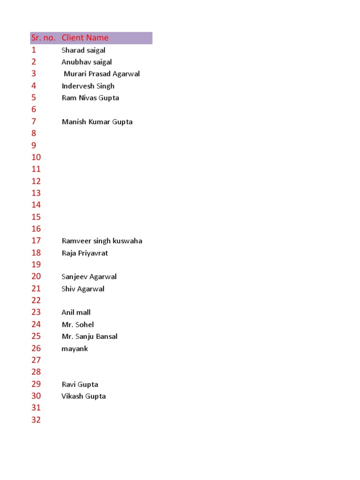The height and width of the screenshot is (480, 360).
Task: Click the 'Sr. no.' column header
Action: pyautogui.click(x=43, y=38)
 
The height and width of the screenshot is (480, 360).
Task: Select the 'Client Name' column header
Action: pyautogui.click(x=85, y=38)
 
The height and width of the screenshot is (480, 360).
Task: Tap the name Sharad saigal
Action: pyautogui.click(x=83, y=50)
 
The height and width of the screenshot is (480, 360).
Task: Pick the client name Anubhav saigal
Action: pyautogui.click(x=87, y=62)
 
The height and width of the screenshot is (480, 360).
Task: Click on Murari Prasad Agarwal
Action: pyautogui.click(x=102, y=74)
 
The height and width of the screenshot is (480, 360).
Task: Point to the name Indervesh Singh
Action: pyautogui.click(x=88, y=86)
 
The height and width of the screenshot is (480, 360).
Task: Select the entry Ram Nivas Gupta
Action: pyautogui.click(x=90, y=98)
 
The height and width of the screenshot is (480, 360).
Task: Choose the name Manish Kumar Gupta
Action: pyautogui.click(x=97, y=122)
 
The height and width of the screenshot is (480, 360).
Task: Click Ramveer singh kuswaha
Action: pyautogui.click(x=102, y=241)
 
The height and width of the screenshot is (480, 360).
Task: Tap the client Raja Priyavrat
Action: pyautogui.click(x=85, y=253)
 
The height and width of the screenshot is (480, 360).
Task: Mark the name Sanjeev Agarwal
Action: pyautogui.click(x=89, y=277)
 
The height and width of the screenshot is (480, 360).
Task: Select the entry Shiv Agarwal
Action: pyautogui.click(x=83, y=289)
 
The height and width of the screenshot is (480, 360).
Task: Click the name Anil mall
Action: pyautogui.click(x=76, y=312)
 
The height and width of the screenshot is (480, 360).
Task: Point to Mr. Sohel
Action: pyautogui.click(x=78, y=324)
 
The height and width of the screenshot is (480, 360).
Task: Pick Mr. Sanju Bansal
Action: pyautogui.click(x=90, y=337)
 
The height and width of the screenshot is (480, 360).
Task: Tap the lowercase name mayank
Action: pyautogui.click(x=75, y=349)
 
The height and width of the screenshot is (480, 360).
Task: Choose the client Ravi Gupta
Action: pyautogui.click(x=80, y=384)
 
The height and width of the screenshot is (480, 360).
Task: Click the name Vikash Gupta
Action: pyautogui.click(x=83, y=396)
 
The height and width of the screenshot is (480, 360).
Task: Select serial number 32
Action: pyautogui.click(x=36, y=420)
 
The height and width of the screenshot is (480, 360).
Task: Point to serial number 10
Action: pyautogui.click(x=36, y=157)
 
